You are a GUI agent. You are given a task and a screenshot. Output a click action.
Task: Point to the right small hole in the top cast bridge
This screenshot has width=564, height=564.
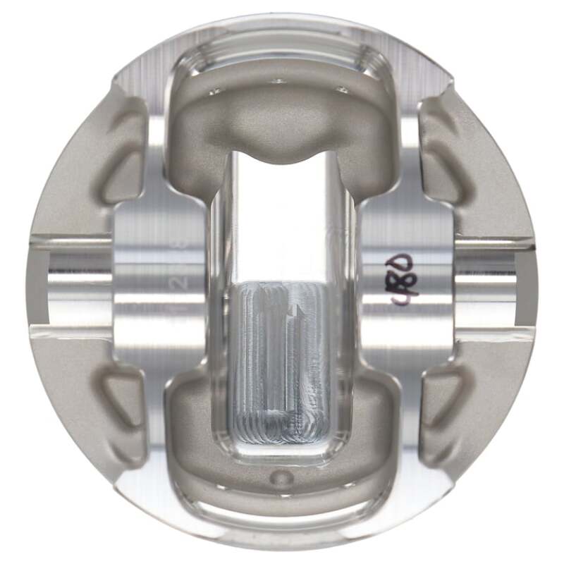(x=343, y=90)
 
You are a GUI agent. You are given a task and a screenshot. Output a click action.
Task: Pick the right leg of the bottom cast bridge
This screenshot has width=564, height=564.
(x=374, y=416)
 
